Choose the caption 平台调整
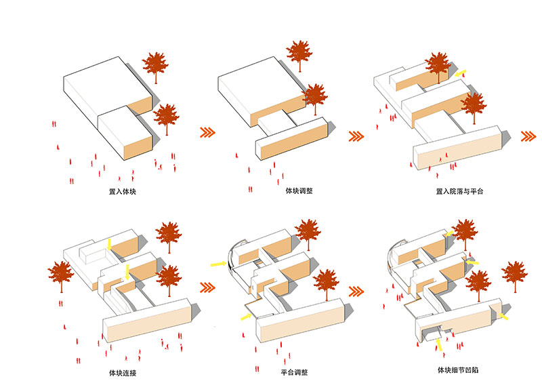(x=292, y=372)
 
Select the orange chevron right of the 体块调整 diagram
(x=357, y=136)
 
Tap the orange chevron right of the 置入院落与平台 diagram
(x=528, y=136)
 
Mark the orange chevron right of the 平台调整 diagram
(x=357, y=292)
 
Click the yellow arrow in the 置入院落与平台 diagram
(x=461, y=73)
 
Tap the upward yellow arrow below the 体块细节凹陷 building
(x=438, y=346)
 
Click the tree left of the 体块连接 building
(x=61, y=277)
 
